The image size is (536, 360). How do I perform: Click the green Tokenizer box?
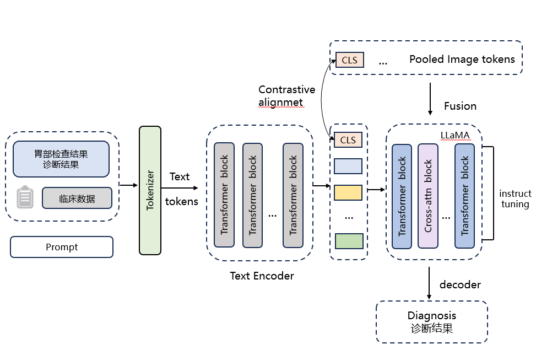click(x=150, y=190)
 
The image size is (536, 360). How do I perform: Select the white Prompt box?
click(x=62, y=247)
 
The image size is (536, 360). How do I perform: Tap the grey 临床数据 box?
click(x=77, y=198)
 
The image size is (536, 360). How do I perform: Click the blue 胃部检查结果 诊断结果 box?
click(x=61, y=159)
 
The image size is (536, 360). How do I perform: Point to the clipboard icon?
click(x=25, y=197)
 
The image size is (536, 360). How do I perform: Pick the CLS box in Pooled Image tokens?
click(x=349, y=60)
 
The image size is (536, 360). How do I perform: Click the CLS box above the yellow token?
click(x=348, y=140)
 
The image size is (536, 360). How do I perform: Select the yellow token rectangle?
click(x=348, y=192)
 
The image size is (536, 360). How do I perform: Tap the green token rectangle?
click(x=349, y=241)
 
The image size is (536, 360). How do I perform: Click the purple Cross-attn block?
click(x=429, y=196)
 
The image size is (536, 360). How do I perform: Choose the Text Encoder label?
click(x=262, y=276)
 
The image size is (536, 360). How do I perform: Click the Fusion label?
click(x=460, y=106)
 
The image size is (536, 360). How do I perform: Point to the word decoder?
click(x=460, y=284)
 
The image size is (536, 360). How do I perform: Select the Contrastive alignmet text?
click(x=286, y=95)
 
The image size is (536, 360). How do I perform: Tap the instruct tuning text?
click(x=515, y=199)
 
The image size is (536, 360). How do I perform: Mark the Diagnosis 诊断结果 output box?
click(x=432, y=321)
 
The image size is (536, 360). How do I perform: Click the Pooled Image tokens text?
click(x=462, y=60)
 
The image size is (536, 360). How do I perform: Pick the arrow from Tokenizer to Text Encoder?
click(x=179, y=188)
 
